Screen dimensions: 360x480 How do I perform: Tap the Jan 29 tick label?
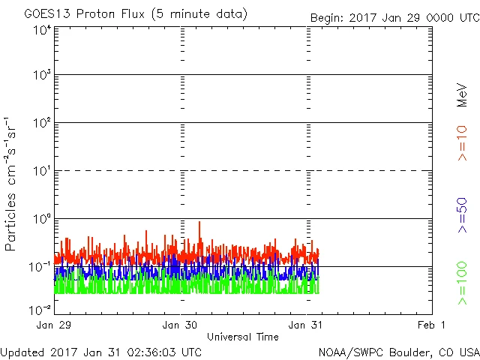coord(55,325)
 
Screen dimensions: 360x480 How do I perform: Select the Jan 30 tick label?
coord(181,325)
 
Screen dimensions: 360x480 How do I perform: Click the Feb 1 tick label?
coord(432,325)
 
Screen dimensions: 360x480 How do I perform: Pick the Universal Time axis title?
coord(242,337)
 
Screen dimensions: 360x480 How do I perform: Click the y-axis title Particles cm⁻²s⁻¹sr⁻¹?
coord(11,184)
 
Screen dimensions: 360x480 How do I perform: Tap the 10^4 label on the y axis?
coord(42,30)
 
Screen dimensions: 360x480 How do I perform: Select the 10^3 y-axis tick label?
coord(42,75)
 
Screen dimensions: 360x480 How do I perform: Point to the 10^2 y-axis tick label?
coord(42,123)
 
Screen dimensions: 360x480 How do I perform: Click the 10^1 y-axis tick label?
coord(42,171)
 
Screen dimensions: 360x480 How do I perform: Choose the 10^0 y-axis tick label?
coord(42,219)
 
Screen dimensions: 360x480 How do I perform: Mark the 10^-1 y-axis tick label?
coord(40,266)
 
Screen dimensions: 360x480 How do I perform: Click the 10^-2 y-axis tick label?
coord(40,309)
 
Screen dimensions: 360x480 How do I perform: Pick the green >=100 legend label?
coord(463,283)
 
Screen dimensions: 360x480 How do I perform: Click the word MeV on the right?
coord(463,93)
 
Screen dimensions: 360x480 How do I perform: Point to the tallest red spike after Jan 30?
coord(199,223)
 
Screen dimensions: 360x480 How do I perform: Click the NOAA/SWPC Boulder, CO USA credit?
coord(398,351)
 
